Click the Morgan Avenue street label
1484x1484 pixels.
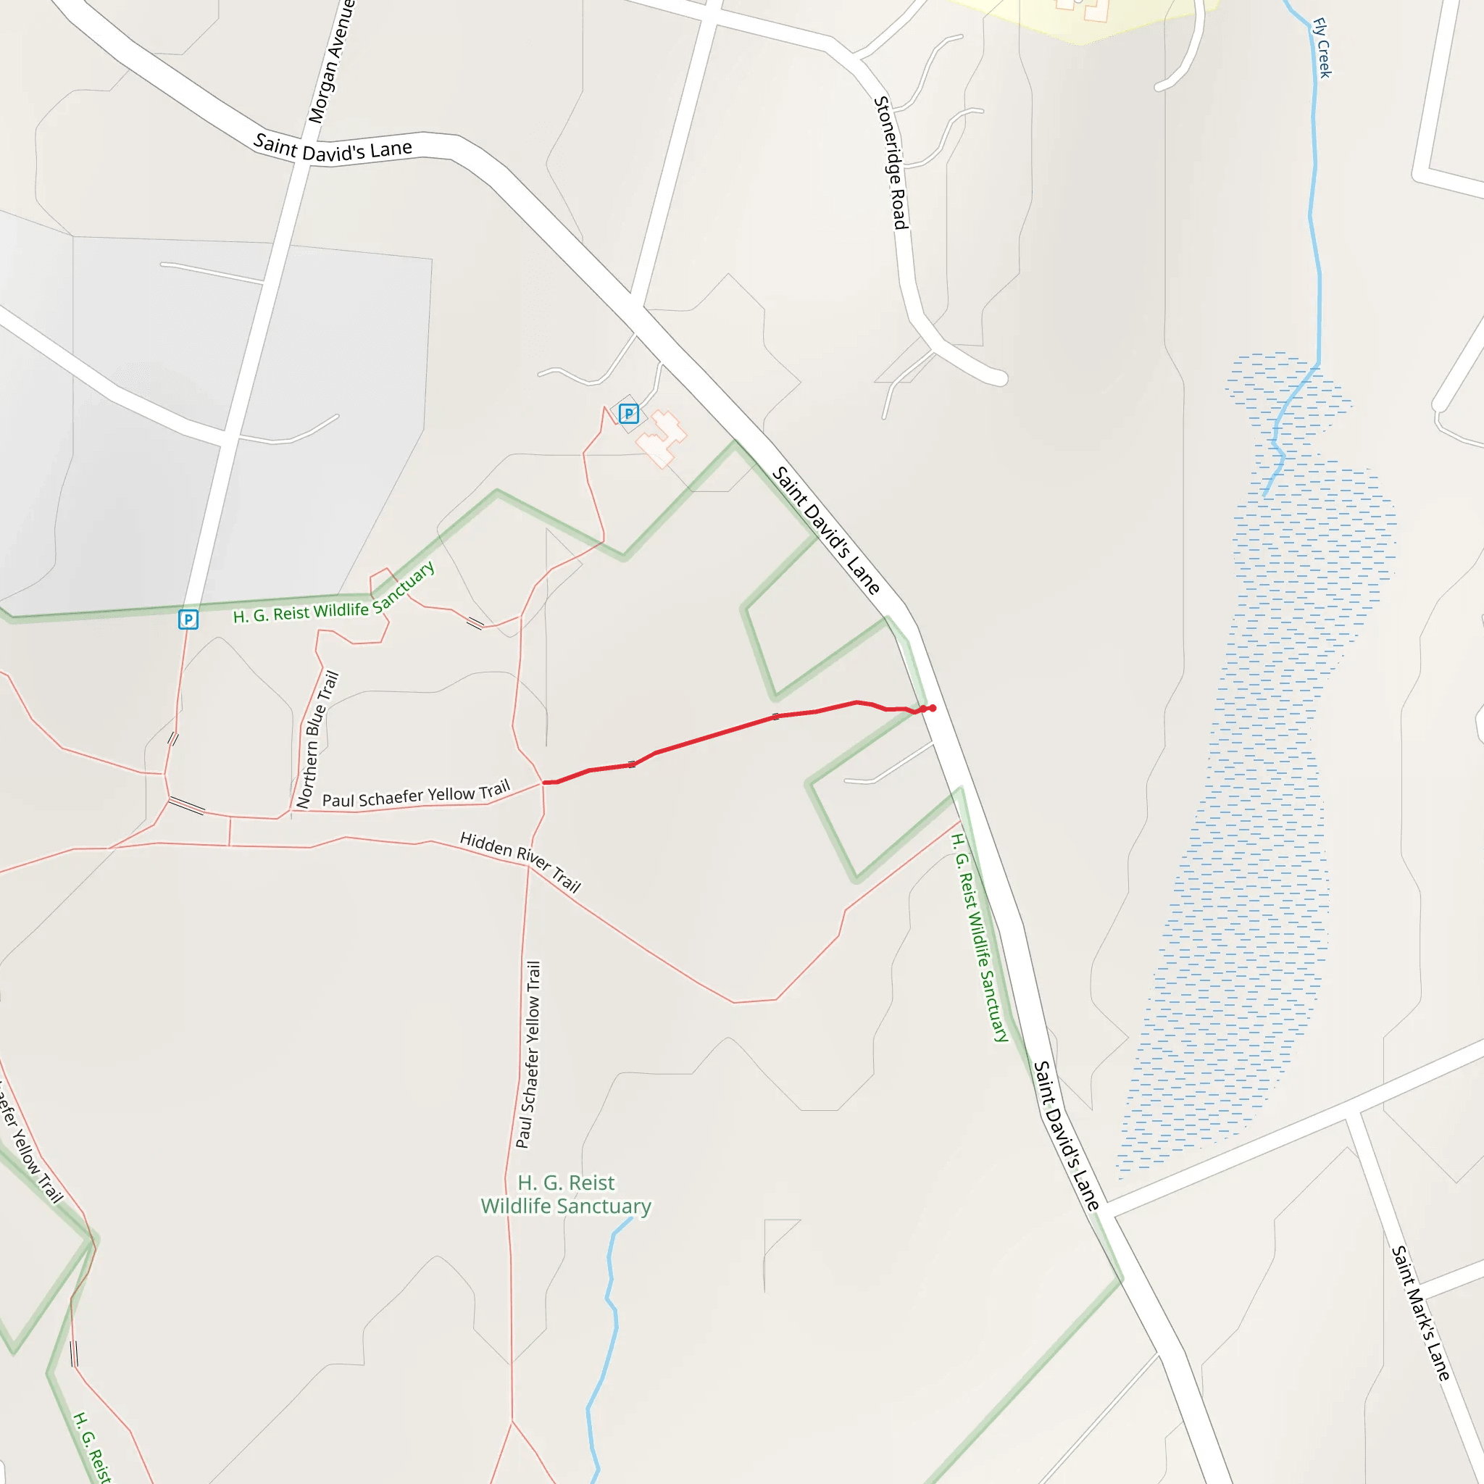[x=330, y=62]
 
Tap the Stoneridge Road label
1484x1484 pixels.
[x=891, y=163]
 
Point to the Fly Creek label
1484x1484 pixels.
[x=1322, y=48]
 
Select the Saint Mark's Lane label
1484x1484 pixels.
[x=1420, y=1314]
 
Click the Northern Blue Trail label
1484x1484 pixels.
[x=317, y=740]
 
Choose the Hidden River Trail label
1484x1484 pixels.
[x=520, y=861]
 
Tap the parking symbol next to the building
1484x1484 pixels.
[x=629, y=414]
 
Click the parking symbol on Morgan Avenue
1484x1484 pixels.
[x=188, y=619]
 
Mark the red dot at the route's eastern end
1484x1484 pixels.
[x=932, y=708]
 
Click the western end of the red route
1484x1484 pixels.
[x=546, y=783]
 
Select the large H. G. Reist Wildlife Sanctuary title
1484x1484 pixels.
[x=566, y=1194]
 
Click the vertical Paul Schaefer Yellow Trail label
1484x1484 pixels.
[x=528, y=1054]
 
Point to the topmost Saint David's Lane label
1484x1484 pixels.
[x=333, y=148]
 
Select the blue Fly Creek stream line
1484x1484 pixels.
[x=1315, y=230]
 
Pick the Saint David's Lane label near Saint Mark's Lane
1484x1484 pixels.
[x=1066, y=1136]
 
